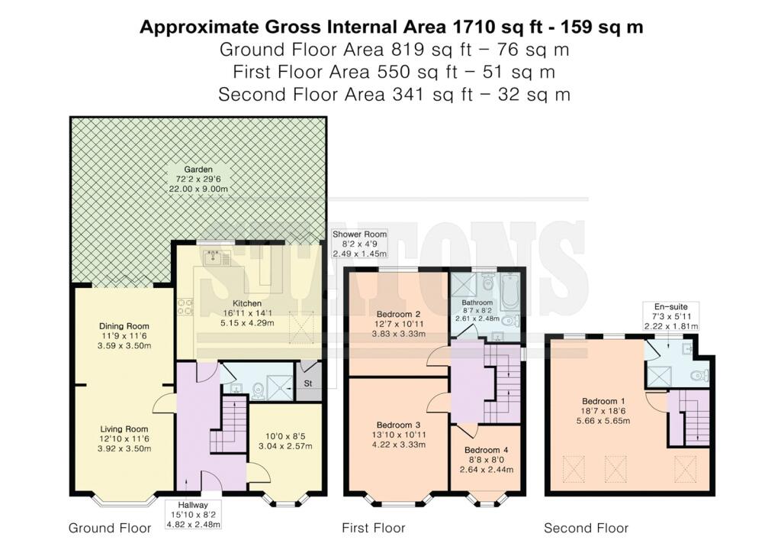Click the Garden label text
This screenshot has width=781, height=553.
pyautogui.click(x=198, y=170)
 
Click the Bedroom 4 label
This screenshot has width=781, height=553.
pyautogui.click(x=486, y=450)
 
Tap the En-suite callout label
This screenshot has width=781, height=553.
pyautogui.click(x=671, y=307)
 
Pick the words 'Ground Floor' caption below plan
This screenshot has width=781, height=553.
pyautogui.click(x=110, y=528)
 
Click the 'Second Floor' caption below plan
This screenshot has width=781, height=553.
pyautogui.click(x=587, y=528)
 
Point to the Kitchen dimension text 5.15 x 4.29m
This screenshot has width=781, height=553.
pyautogui.click(x=247, y=323)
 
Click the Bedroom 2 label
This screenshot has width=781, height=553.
pyautogui.click(x=398, y=314)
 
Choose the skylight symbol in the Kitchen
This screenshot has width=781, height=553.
pyautogui.click(x=302, y=327)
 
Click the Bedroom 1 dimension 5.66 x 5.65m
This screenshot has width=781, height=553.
pyautogui.click(x=603, y=420)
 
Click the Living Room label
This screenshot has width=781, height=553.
pyautogui.click(x=124, y=428)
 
